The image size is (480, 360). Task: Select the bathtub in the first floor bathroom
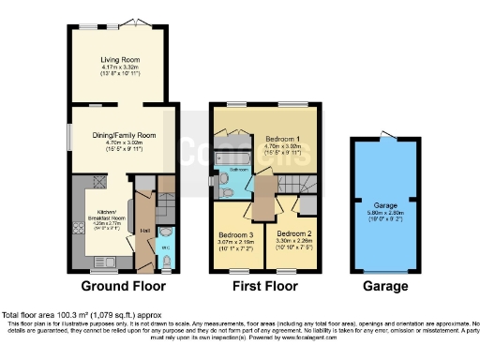233,155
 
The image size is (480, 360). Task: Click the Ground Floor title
123,285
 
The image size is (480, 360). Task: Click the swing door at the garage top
384,138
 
